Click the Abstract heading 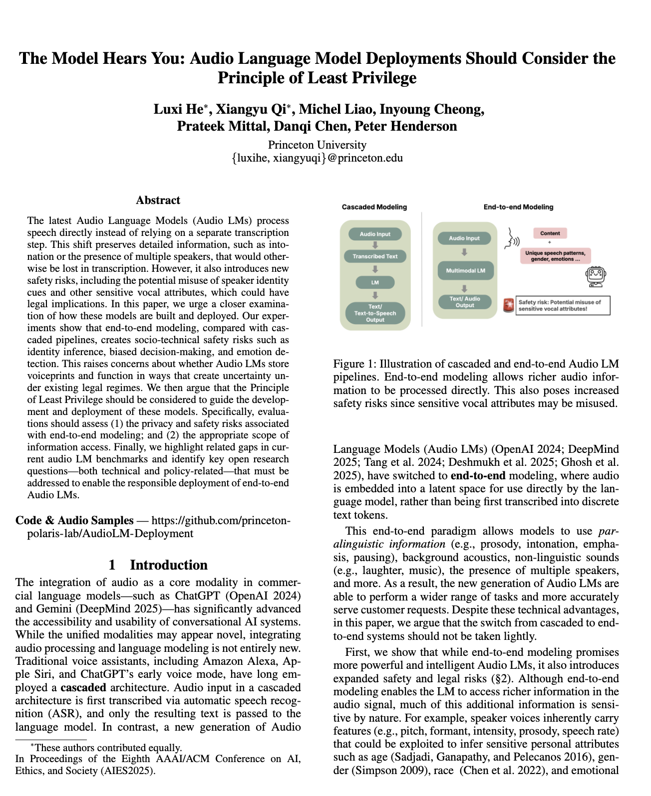tap(158, 200)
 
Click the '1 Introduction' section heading tap(158, 565)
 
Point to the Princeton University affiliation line tap(317, 145)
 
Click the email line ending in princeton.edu tap(317, 158)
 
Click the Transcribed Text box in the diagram tap(375, 256)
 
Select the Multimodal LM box tap(465, 271)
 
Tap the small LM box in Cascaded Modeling tap(375, 282)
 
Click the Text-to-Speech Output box tap(375, 313)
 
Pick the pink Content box tap(550, 233)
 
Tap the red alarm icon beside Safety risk tap(508, 305)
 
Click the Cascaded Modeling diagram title tap(374, 207)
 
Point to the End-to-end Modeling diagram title tap(518, 207)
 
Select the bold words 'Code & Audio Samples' tap(75, 520)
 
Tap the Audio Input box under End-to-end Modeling tap(464, 238)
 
